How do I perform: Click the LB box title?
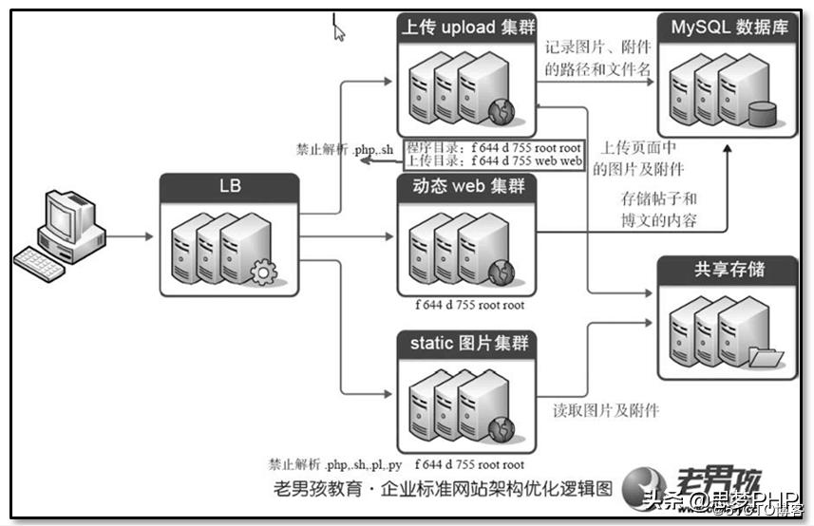[229, 186]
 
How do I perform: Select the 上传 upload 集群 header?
[466, 28]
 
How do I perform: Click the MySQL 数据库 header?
[729, 28]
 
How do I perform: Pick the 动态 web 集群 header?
[466, 187]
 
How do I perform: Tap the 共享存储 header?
[729, 270]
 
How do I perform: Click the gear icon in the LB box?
[261, 274]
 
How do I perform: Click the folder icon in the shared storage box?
[766, 358]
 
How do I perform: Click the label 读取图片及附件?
[606, 410]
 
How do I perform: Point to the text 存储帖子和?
[659, 199]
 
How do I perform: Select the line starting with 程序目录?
[494, 148]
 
